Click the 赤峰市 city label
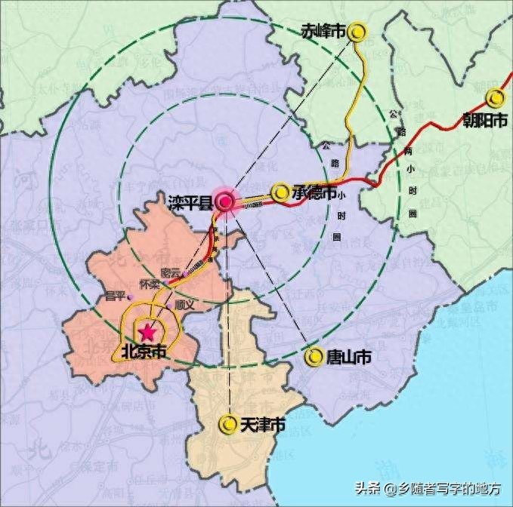[323, 31]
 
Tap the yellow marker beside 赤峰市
[357, 31]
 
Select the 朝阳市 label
[486, 120]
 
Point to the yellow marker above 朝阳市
[496, 97]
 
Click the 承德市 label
[314, 192]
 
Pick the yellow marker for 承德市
[280, 192]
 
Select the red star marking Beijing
[147, 331]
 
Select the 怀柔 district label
[151, 284]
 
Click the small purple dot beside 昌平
[130, 295]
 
